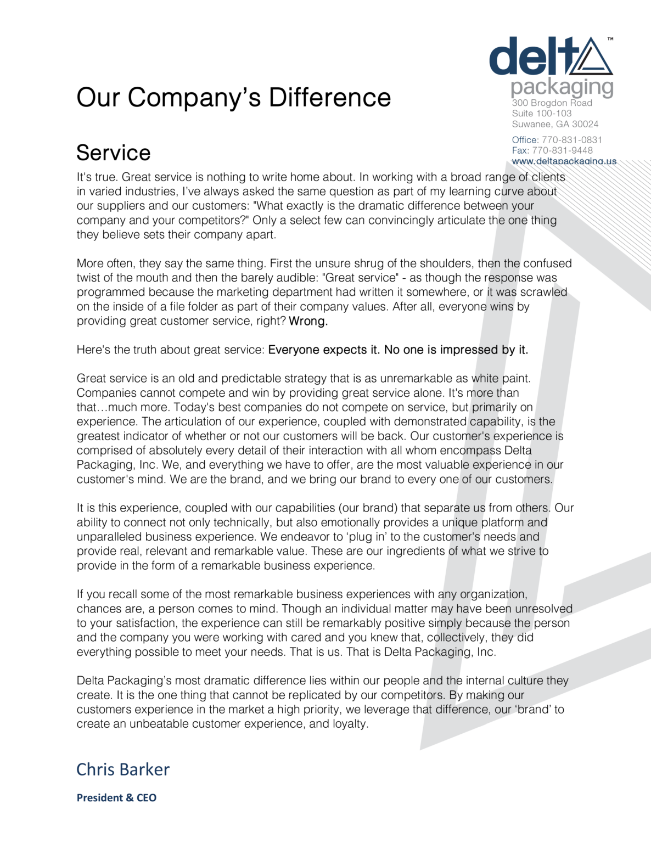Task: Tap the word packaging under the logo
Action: pos(562,87)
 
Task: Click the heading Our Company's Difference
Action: pos(234,98)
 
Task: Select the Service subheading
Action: pos(114,153)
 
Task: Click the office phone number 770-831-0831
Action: pos(572,140)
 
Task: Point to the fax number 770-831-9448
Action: pos(563,150)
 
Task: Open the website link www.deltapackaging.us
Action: pos(564,161)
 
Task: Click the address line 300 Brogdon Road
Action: pos(552,103)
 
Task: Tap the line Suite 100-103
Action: pos(542,114)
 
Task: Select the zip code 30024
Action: pos(585,124)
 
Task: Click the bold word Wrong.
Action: pos(308,322)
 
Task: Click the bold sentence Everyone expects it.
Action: pos(324,350)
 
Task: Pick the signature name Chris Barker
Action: pos(123,769)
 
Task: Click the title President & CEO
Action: pos(117,798)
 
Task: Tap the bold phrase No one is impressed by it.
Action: pos(456,350)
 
